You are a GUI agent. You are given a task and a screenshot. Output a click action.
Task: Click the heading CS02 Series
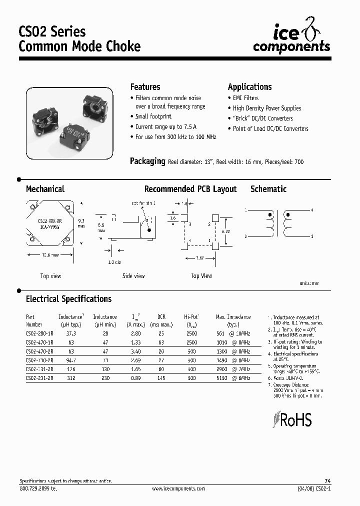click(x=52, y=32)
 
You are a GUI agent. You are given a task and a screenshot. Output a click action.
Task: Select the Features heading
click(x=145, y=87)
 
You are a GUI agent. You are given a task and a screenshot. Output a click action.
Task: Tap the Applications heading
click(x=249, y=87)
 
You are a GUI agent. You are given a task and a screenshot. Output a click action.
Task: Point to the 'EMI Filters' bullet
click(x=245, y=98)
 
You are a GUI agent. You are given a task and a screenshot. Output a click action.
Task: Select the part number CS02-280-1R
click(x=39, y=333)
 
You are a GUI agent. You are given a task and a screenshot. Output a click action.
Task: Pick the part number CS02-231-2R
click(x=39, y=378)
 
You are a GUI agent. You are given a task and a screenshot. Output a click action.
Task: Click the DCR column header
click(x=161, y=317)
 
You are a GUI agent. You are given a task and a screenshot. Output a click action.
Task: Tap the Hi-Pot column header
click(x=191, y=317)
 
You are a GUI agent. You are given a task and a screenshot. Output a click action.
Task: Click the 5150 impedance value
click(x=221, y=378)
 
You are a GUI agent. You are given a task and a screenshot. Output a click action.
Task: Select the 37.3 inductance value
click(x=71, y=333)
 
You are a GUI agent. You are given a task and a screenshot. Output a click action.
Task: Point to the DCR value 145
click(x=161, y=378)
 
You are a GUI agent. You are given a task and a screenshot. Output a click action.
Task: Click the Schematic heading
click(x=268, y=189)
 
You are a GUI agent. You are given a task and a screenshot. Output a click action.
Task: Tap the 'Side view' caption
click(x=133, y=276)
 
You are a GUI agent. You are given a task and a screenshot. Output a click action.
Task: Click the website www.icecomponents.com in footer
click(x=178, y=488)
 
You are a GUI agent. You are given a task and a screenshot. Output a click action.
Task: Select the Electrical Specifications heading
click(x=68, y=299)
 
